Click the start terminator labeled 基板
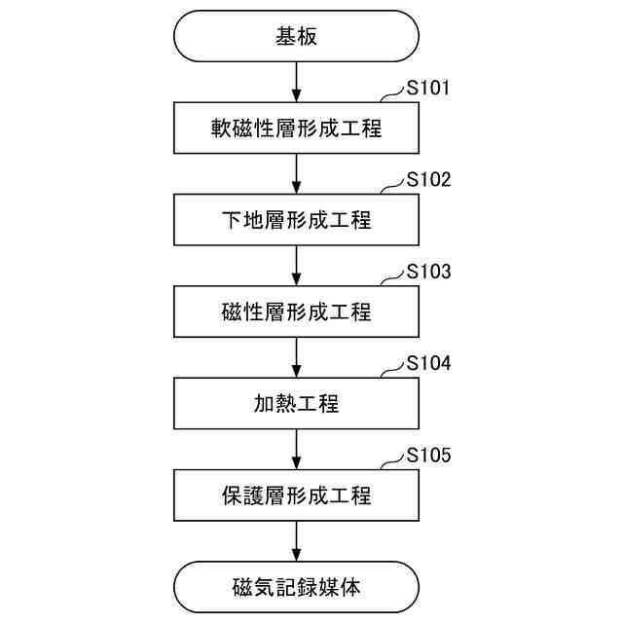296,36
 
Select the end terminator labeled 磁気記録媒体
296,587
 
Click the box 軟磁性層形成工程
296,128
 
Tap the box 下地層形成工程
296,220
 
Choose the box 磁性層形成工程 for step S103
296,311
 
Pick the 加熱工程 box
296,403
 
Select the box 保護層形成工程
296,495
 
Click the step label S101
428,89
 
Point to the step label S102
428,180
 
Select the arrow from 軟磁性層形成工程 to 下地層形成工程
296,174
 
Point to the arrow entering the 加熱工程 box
296,357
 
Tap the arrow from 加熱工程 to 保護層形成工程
296,449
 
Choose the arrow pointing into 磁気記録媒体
296,540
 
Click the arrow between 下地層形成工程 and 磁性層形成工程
296,266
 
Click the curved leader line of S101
391,94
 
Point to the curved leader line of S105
391,460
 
